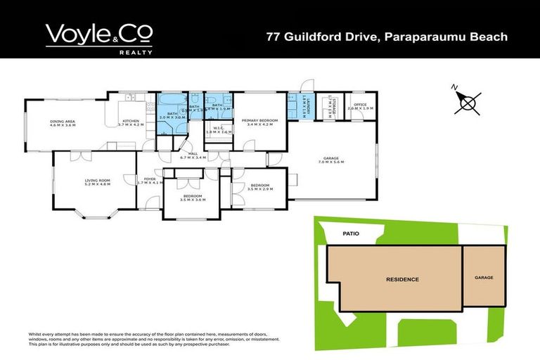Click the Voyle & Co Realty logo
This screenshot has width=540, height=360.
click(x=98, y=35)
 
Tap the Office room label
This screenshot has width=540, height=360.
click(x=360, y=106)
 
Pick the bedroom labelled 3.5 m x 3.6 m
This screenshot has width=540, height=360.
click(x=191, y=198)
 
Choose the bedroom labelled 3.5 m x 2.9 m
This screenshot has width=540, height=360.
click(x=261, y=187)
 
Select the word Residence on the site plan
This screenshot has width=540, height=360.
click(x=402, y=279)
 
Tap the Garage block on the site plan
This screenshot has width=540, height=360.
click(x=484, y=277)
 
